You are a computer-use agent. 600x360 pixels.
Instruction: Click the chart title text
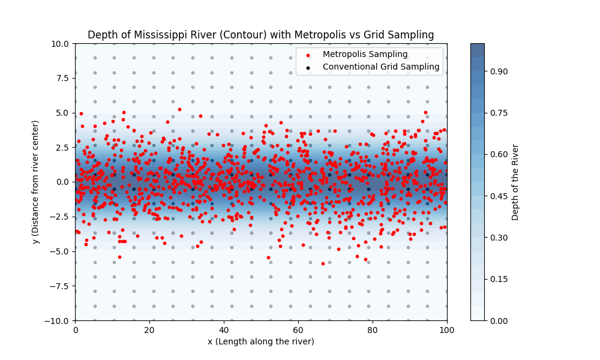tap(260, 35)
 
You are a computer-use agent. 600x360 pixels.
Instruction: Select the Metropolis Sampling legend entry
tap(365, 55)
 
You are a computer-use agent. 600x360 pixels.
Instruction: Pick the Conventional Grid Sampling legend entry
tap(381, 67)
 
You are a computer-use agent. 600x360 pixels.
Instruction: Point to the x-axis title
tap(260, 342)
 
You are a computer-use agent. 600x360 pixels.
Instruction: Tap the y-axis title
tap(36, 182)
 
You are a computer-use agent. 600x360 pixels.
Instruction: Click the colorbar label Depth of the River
tap(515, 182)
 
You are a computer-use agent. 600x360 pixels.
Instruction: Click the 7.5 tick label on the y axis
tap(62, 78)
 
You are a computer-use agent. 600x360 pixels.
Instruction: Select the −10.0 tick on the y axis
tap(58, 320)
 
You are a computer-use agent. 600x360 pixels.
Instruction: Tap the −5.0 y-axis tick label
tap(60, 251)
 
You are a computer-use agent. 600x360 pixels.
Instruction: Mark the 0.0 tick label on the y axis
tap(62, 182)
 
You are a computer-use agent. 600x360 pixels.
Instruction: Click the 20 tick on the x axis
tap(149, 330)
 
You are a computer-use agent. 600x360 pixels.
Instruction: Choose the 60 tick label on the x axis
tap(298, 330)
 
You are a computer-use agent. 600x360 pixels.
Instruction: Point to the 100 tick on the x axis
tap(447, 330)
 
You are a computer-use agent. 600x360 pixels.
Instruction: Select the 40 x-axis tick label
tap(224, 330)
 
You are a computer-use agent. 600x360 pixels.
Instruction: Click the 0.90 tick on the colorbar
tap(498, 71)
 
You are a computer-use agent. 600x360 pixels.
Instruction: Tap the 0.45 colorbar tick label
tap(498, 196)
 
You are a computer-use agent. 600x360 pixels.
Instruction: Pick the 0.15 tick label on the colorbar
tap(498, 279)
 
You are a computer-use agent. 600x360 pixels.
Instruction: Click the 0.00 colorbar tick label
tap(498, 320)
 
